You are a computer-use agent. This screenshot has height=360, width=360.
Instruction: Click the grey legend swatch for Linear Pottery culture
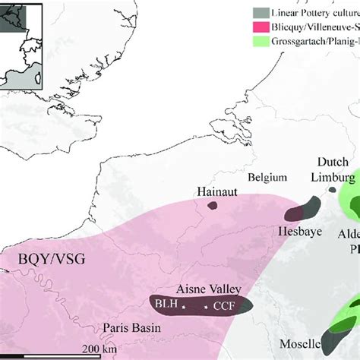260,13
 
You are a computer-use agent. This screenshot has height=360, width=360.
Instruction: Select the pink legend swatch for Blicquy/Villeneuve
260,27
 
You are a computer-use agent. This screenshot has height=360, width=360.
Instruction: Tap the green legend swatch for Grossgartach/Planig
260,42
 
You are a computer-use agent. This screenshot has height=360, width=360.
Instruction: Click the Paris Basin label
129,328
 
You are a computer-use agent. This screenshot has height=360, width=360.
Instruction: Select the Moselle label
301,343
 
